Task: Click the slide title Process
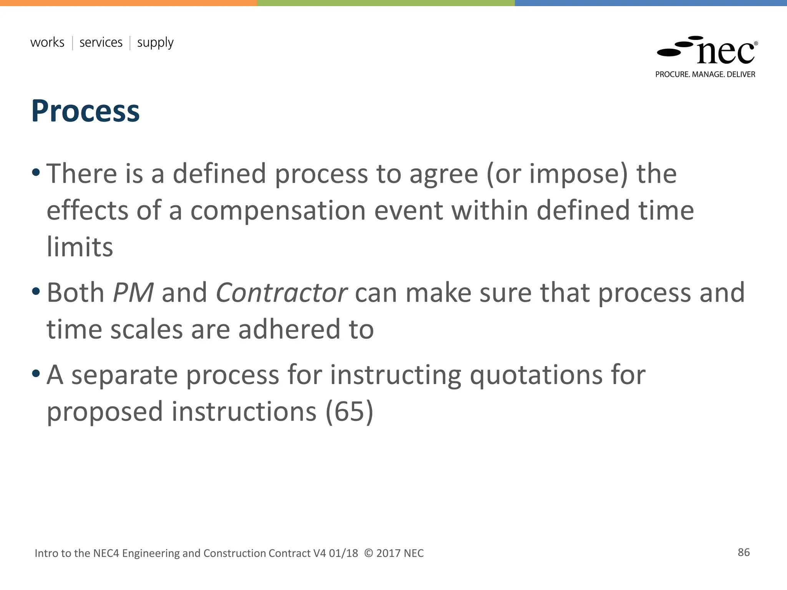click(85, 111)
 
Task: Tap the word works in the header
click(47, 42)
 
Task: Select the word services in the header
click(101, 42)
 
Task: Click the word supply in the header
click(155, 43)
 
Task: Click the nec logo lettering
click(726, 53)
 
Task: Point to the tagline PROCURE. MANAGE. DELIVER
click(705, 75)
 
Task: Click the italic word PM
click(133, 293)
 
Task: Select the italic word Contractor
click(281, 293)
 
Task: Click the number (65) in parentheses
click(349, 411)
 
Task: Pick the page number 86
click(744, 552)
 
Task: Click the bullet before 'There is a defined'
click(36, 172)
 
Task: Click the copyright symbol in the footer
click(368, 553)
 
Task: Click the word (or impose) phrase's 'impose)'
click(578, 174)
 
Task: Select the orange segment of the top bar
click(128, 3)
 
